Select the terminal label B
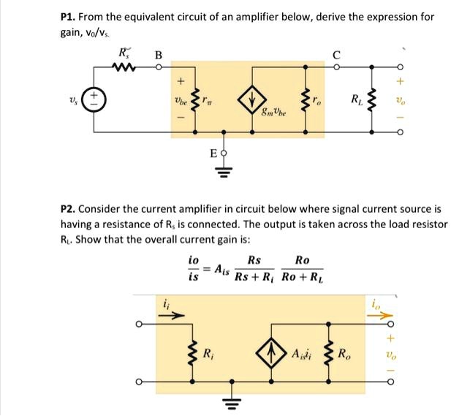tap(158, 54)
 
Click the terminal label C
tap(336, 54)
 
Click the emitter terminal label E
tap(213, 154)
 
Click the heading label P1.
tap(69, 16)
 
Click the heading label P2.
tap(69, 209)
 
